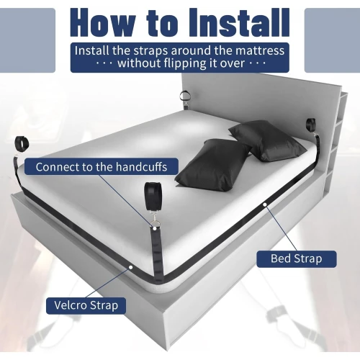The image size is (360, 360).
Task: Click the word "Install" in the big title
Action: [239, 23]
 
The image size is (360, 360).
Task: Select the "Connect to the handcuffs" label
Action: [102, 166]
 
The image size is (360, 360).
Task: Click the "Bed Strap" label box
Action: [297, 259]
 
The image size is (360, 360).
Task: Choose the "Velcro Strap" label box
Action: [86, 305]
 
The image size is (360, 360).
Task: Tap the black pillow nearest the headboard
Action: [267, 140]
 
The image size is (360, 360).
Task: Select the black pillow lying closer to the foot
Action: [214, 165]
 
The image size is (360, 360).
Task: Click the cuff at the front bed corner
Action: [152, 194]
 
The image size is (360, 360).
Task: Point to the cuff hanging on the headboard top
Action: [185, 96]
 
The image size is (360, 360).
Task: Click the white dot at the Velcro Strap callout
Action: [131, 267]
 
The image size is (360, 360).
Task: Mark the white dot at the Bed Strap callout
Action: [265, 204]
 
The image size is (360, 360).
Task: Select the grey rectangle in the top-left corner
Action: [27, 40]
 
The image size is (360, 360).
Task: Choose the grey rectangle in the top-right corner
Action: [332, 40]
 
